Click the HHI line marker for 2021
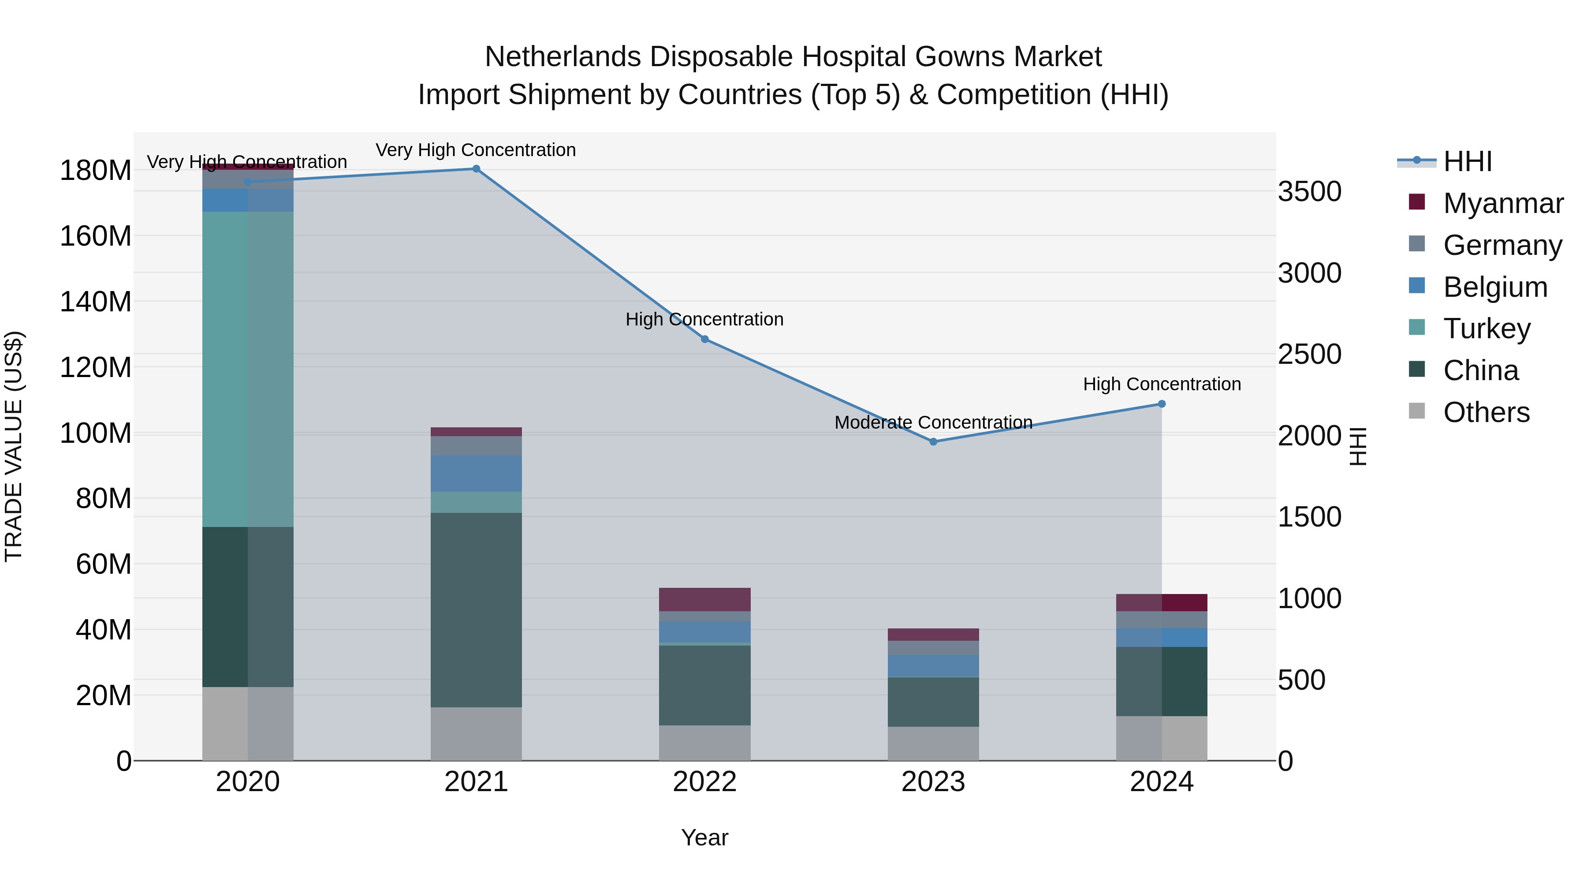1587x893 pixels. [476, 169]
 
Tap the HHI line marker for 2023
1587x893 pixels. [933, 442]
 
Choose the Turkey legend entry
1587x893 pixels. [1486, 329]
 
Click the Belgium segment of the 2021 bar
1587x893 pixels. [476, 473]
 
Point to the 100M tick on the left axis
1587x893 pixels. [96, 433]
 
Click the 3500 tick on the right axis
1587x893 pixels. [1309, 192]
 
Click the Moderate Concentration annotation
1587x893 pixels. [933, 423]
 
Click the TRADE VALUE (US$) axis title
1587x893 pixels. [14, 446]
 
